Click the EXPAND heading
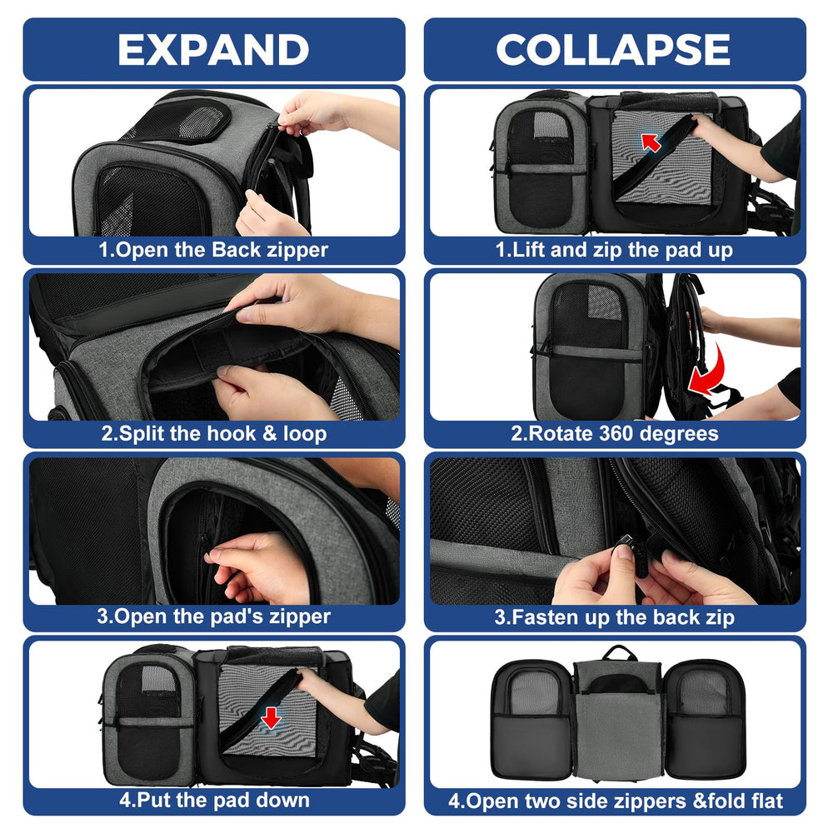tap(213, 49)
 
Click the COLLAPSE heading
tap(614, 49)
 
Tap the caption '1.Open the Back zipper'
tap(213, 250)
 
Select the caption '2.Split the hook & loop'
tap(213, 433)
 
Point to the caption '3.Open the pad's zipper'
tap(213, 616)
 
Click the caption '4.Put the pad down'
tap(214, 800)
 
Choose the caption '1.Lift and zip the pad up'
tap(614, 250)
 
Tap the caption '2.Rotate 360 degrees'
tap(615, 433)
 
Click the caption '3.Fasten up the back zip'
tap(615, 617)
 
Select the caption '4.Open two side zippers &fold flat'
tap(616, 801)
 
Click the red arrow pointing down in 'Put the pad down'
tap(271, 717)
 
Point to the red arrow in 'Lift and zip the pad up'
tap(651, 142)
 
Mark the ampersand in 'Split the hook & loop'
tap(270, 433)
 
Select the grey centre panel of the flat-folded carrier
tap(618, 733)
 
